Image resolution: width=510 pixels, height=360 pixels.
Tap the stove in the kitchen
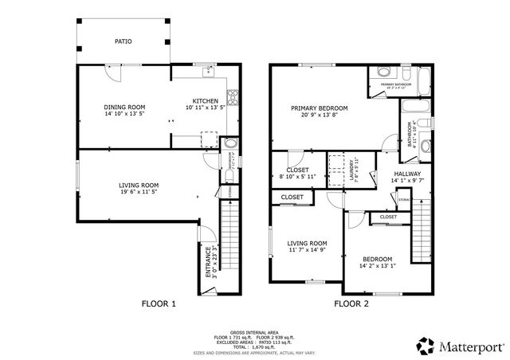(x=233, y=99)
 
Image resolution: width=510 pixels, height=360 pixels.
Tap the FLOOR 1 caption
(x=159, y=303)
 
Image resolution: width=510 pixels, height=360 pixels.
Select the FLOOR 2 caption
(x=351, y=303)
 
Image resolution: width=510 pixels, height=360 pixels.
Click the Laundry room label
(x=351, y=170)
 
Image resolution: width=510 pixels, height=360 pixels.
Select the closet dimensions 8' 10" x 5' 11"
(x=297, y=176)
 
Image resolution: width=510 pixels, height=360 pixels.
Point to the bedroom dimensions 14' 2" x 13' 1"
(x=378, y=266)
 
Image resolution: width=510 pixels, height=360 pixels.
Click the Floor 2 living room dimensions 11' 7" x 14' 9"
(x=308, y=250)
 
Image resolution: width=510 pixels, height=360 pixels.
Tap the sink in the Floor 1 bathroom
(x=231, y=144)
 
